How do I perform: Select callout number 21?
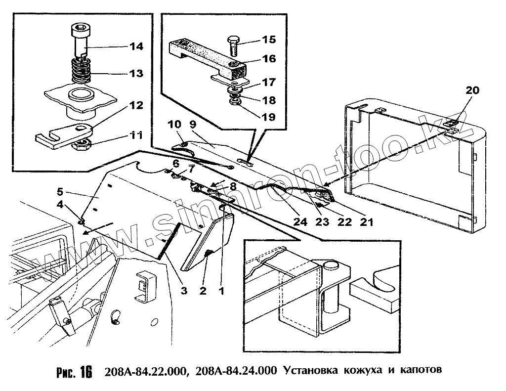pyautogui.click(x=367, y=222)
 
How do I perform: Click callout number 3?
pyautogui.click(x=183, y=291)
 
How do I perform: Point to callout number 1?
pyautogui.click(x=221, y=291)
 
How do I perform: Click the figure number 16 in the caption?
pyautogui.click(x=85, y=372)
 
